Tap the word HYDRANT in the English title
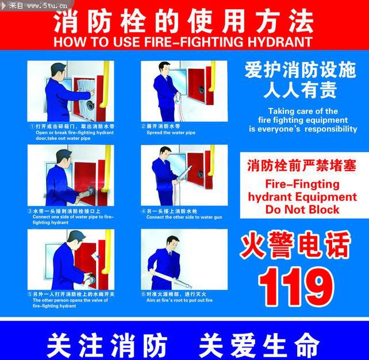pyautogui.click(x=281, y=42)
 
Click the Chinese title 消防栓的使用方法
pyautogui.click(x=184, y=22)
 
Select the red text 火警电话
pyautogui.click(x=295, y=245)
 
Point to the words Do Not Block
pyautogui.click(x=302, y=210)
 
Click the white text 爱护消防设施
pyautogui.click(x=301, y=71)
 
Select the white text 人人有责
pyautogui.click(x=300, y=90)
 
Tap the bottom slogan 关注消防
pyautogui.click(x=106, y=346)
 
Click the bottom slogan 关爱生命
pyautogui.click(x=258, y=346)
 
